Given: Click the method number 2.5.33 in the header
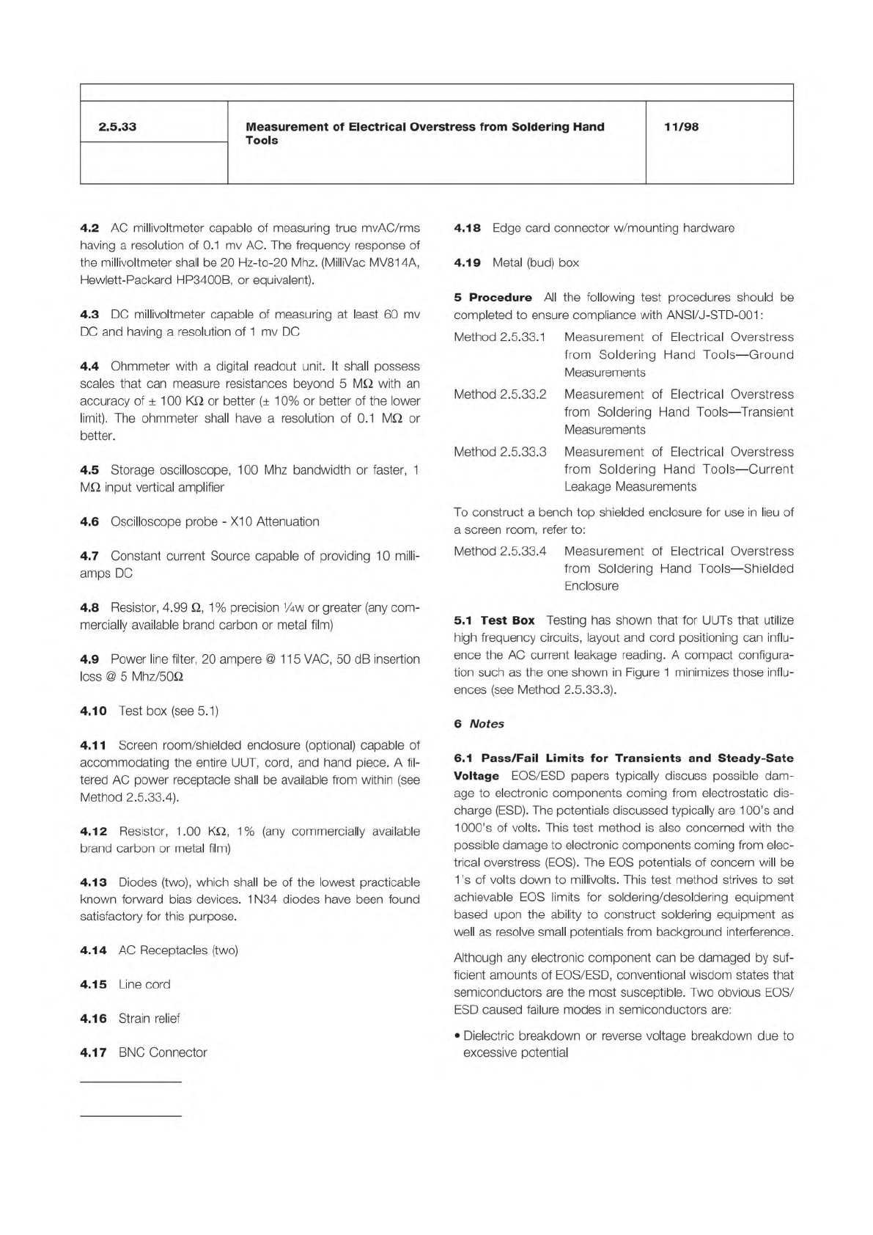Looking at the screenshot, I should (x=117, y=127).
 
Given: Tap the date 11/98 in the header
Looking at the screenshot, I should (x=681, y=127).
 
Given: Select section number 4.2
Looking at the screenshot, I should (x=89, y=228).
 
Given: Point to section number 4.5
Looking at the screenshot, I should (x=89, y=470).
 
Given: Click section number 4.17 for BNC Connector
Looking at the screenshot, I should (x=93, y=1052).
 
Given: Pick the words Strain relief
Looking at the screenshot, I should (x=149, y=1018).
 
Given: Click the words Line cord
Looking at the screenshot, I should (x=144, y=984).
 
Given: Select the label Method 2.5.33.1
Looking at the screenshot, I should (x=500, y=337).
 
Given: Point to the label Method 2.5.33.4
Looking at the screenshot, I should (x=500, y=551).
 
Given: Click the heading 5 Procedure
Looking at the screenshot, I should (x=493, y=298).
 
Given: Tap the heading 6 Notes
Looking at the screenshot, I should (x=479, y=724).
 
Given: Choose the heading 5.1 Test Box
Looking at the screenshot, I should (x=493, y=620).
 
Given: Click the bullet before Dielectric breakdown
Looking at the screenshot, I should (x=457, y=1036).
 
